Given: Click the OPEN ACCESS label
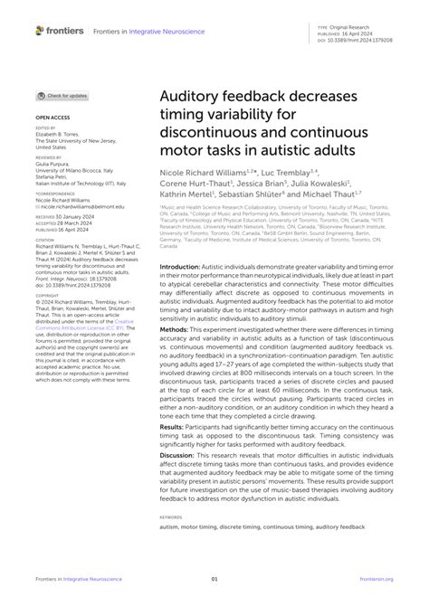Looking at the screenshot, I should point(52,118).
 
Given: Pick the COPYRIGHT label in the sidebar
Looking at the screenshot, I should point(47,319).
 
